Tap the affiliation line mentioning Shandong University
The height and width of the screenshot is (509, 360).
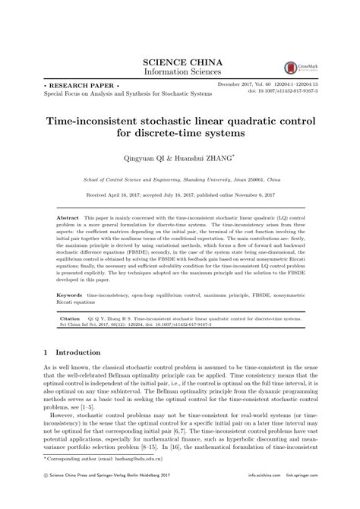pyautogui.click(x=180, y=181)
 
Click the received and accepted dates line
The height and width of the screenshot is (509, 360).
pyautogui.click(x=180, y=195)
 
